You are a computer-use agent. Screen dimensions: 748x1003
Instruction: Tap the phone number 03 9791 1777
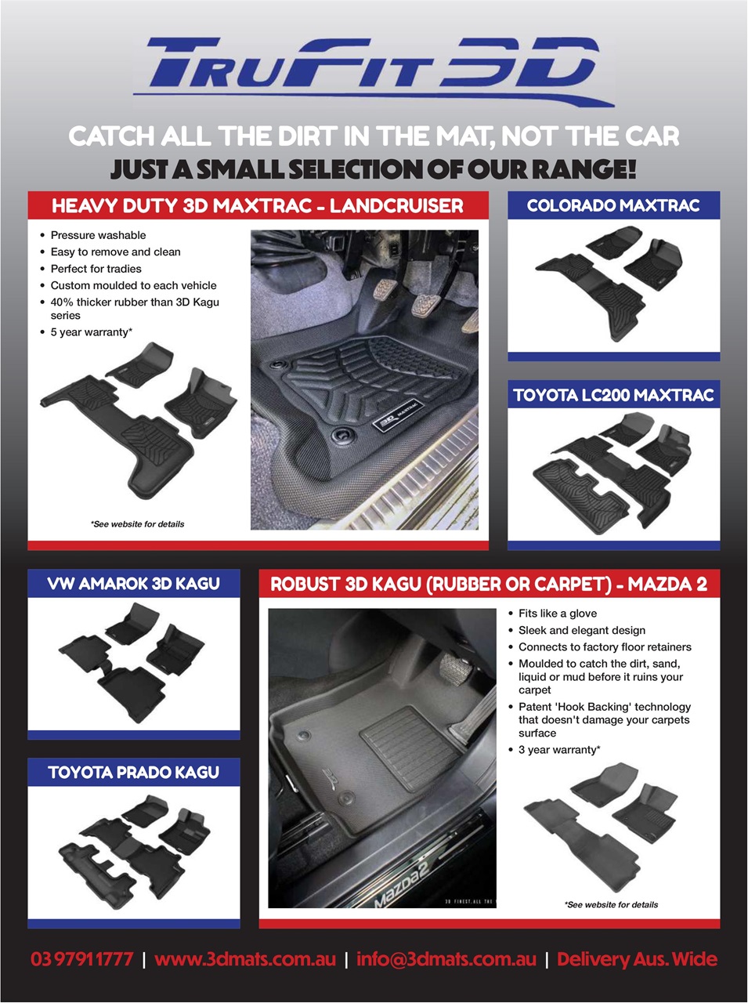click(82, 959)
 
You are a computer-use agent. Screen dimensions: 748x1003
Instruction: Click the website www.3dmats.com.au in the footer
click(245, 959)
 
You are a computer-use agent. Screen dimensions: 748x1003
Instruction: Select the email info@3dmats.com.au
click(446, 959)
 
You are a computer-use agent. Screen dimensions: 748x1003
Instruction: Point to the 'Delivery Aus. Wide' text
click(637, 959)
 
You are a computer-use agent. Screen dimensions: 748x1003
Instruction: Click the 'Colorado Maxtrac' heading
click(613, 205)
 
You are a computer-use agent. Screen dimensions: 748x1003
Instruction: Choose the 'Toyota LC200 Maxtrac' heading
click(613, 395)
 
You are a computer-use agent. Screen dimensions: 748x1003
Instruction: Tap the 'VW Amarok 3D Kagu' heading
click(133, 584)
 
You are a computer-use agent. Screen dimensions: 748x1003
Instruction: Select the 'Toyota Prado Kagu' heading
click(133, 773)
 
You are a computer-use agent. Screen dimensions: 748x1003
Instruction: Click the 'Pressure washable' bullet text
click(98, 235)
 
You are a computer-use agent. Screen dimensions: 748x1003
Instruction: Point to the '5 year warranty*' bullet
click(92, 332)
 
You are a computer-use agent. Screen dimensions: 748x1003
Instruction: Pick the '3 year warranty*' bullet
click(559, 750)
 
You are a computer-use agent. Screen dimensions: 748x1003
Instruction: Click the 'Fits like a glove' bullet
click(558, 614)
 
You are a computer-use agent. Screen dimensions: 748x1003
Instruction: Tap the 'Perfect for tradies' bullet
click(96, 269)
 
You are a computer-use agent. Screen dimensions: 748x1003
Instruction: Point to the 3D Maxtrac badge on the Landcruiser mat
click(397, 415)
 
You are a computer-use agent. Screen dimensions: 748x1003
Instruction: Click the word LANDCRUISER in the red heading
click(396, 206)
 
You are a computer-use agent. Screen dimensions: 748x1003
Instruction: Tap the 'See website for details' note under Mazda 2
click(612, 905)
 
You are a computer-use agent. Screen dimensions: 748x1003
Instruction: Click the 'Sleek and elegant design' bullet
click(582, 630)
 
